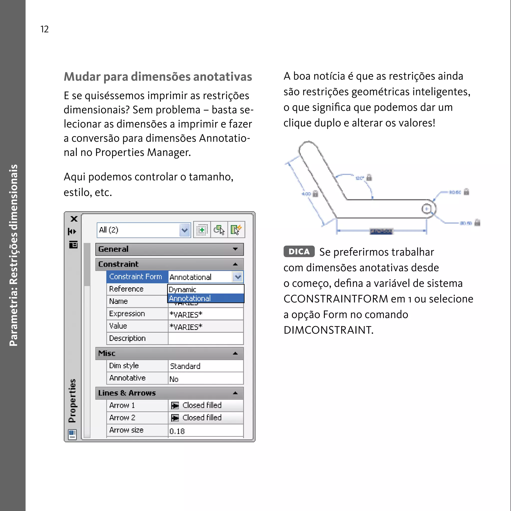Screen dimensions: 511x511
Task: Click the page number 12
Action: (x=44, y=29)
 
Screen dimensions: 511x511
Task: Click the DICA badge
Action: (x=299, y=251)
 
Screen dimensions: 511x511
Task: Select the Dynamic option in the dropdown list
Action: (x=182, y=289)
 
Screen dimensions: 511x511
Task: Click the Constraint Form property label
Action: (x=135, y=277)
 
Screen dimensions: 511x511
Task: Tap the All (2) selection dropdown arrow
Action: (x=185, y=230)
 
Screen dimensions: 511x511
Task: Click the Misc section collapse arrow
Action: (x=235, y=353)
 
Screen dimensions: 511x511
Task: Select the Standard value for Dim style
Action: (x=185, y=366)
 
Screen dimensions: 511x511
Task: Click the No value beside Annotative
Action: (x=174, y=379)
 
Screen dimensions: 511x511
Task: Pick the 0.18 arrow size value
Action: (x=177, y=431)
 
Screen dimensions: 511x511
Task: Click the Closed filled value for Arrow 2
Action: (x=202, y=418)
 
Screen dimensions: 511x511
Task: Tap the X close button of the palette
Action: (x=74, y=219)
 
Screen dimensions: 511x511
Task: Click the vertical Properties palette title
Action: (x=72, y=400)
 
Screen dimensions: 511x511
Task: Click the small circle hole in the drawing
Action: (x=426, y=209)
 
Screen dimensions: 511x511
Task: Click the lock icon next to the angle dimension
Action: (x=369, y=177)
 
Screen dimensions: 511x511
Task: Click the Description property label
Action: (x=127, y=338)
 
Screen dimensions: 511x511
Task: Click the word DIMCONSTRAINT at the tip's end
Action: (x=328, y=330)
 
